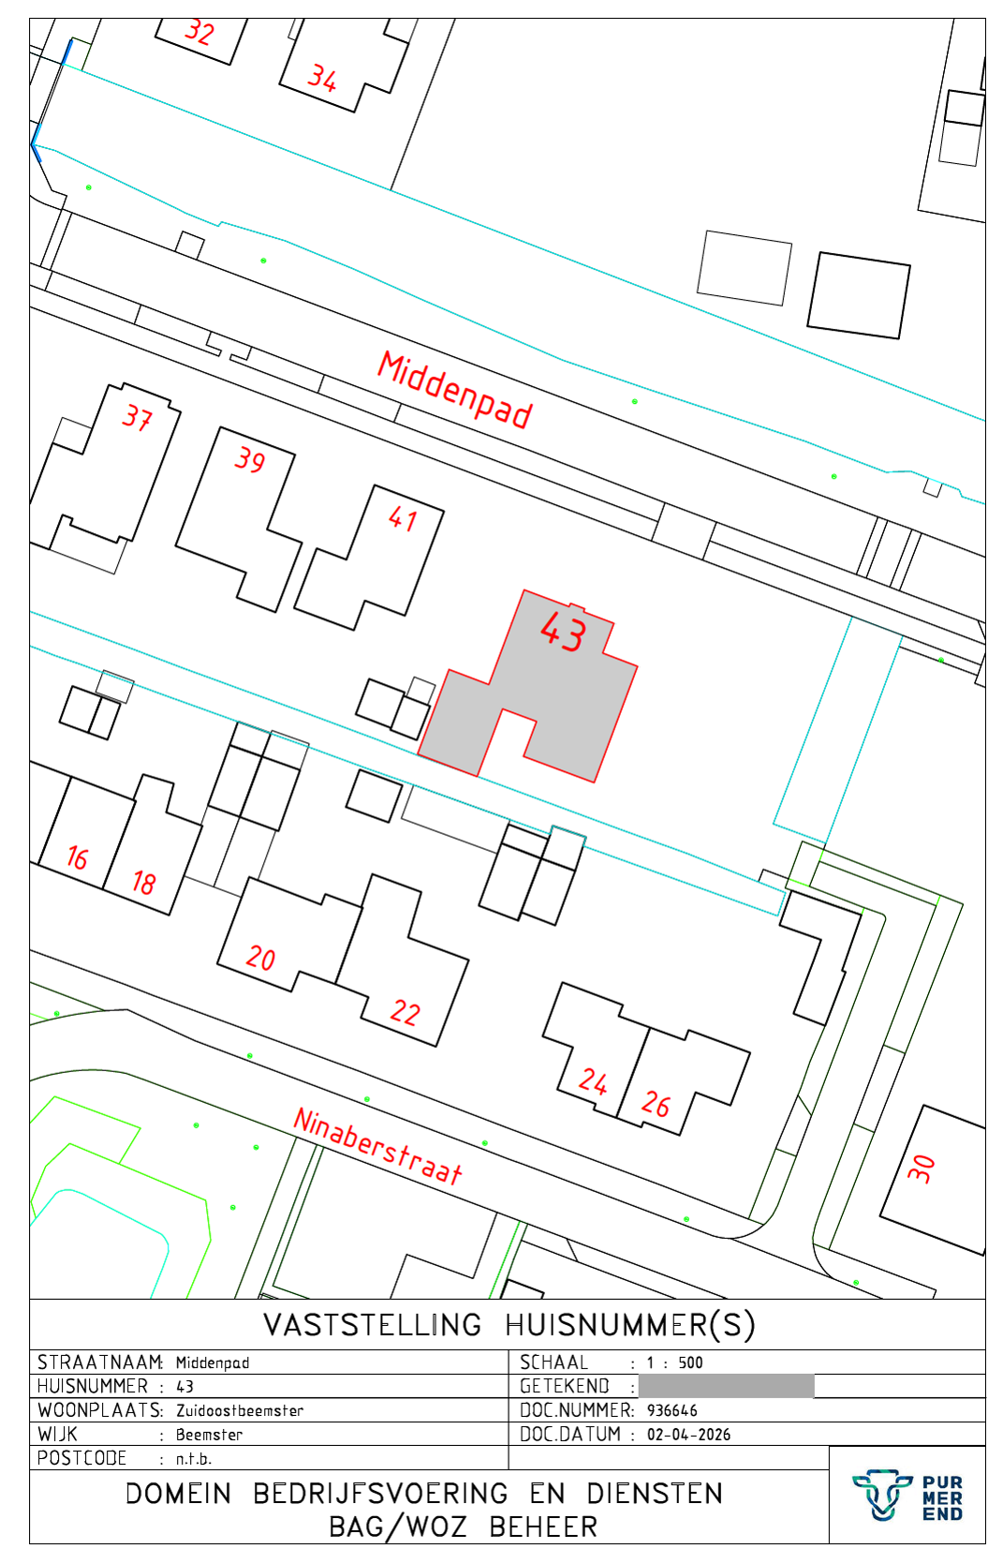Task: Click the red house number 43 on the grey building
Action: [564, 632]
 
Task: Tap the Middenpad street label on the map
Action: [455, 390]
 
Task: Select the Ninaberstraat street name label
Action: [377, 1147]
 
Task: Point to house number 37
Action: [137, 418]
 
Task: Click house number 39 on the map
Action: [249, 459]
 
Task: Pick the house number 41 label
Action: [403, 518]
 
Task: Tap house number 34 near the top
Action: [322, 78]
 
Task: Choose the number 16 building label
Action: [77, 858]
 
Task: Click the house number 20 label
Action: [260, 958]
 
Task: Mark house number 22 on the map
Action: [406, 1012]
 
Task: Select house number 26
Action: [656, 1104]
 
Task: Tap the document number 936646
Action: [671, 1410]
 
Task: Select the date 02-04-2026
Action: [688, 1435]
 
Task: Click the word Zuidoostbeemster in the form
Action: [239, 1410]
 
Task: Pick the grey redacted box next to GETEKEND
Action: [726, 1386]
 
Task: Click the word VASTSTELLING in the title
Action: [373, 1325]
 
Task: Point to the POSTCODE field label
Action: [81, 1458]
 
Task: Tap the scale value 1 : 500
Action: [674, 1363]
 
